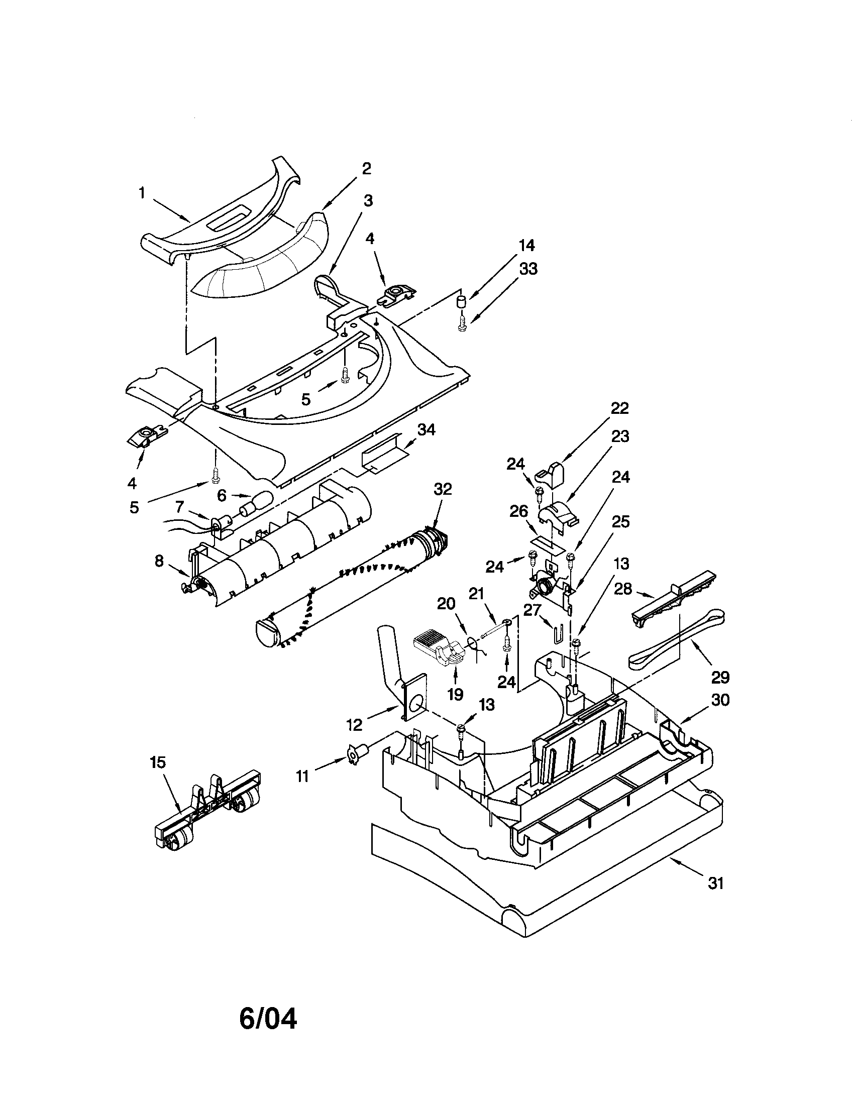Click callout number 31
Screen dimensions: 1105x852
716,883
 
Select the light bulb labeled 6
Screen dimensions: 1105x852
258,503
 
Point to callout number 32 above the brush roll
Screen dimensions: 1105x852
443,489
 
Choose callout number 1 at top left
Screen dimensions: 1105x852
142,193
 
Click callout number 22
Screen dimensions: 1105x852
619,408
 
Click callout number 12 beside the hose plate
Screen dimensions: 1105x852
354,724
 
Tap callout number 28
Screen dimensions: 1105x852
623,589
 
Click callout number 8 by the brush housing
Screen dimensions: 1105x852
159,561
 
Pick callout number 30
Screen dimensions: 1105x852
720,700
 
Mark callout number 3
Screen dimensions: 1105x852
368,201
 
